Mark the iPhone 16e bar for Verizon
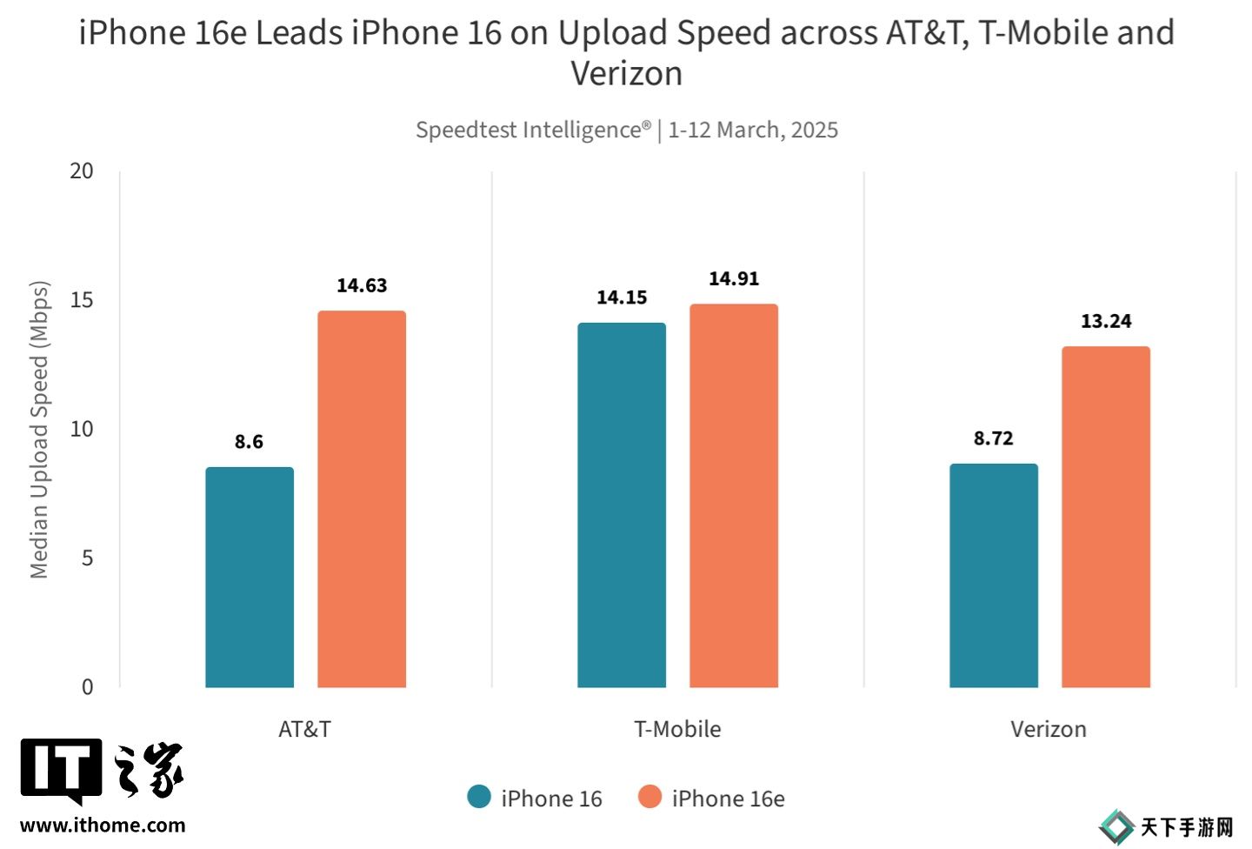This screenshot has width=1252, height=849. click(1106, 517)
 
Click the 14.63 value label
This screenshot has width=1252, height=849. click(362, 285)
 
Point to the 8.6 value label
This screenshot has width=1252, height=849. click(249, 442)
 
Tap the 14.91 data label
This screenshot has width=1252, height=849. click(734, 278)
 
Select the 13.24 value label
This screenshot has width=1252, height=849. click(1106, 321)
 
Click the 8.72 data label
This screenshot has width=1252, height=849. click(994, 438)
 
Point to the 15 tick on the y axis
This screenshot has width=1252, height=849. click(82, 300)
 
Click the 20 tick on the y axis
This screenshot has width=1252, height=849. click(82, 170)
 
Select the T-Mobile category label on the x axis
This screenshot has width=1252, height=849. click(677, 729)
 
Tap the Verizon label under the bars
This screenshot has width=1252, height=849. click(1049, 729)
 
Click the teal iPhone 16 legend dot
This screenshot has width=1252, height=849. click(479, 797)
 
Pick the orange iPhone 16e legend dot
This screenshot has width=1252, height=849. click(649, 797)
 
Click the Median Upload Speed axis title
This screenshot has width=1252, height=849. click(39, 430)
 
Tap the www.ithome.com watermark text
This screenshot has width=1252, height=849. click(103, 826)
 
